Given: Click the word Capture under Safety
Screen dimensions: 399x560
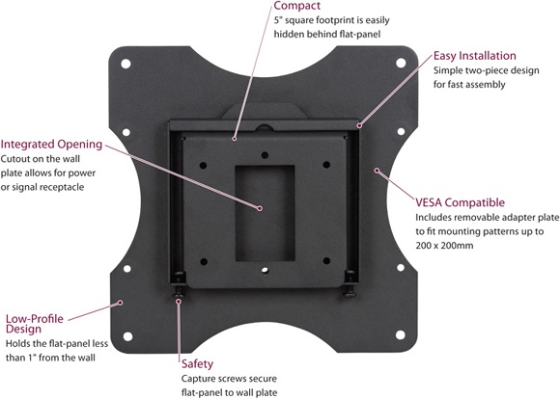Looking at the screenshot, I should [x=201, y=381].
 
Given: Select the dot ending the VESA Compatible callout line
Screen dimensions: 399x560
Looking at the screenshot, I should [x=378, y=171].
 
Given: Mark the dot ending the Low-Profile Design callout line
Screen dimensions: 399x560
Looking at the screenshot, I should [x=120, y=303].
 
